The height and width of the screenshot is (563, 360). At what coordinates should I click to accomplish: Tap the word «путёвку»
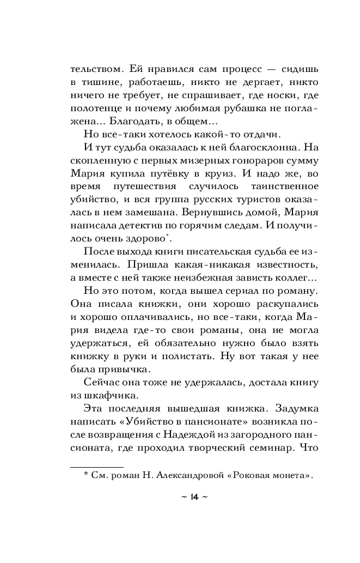tap(170, 176)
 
